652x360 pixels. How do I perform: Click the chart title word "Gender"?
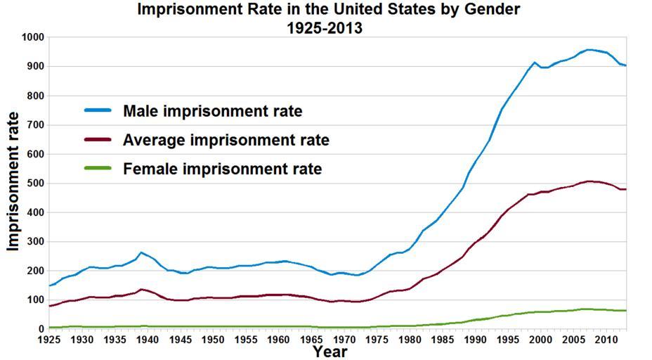click(x=486, y=10)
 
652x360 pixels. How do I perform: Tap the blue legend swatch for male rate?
click(x=99, y=110)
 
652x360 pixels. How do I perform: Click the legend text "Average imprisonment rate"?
click(x=226, y=140)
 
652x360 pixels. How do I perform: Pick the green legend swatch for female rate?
click(x=99, y=169)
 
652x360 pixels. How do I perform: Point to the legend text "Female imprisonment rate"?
click(x=222, y=169)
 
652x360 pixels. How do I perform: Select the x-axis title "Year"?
click(x=330, y=350)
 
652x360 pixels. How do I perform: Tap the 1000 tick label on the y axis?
click(x=32, y=37)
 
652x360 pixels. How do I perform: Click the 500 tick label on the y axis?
click(x=35, y=183)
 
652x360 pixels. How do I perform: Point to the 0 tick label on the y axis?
click(x=41, y=329)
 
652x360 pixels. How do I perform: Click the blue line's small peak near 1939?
click(x=141, y=252)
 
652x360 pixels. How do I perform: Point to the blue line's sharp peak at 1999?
click(x=535, y=63)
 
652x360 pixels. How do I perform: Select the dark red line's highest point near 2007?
click(x=589, y=181)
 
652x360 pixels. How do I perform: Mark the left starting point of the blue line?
click(x=49, y=285)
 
